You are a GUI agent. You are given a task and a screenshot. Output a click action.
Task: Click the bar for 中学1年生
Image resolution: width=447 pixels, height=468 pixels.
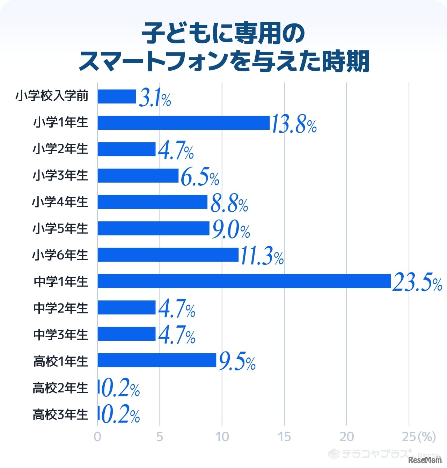[244, 281]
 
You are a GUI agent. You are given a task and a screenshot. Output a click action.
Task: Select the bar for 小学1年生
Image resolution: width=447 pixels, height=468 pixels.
[184, 123]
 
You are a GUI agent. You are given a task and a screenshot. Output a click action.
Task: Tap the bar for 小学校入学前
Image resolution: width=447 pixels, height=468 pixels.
[117, 96]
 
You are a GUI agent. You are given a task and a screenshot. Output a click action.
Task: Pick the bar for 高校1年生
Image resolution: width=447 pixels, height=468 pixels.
[157, 360]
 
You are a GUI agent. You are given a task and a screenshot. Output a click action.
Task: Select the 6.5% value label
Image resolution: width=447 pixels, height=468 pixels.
[200, 177]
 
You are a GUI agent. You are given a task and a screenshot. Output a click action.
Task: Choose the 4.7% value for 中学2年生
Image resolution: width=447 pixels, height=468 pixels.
[177, 309]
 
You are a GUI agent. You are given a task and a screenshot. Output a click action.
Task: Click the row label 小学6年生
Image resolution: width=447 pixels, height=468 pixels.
[60, 255]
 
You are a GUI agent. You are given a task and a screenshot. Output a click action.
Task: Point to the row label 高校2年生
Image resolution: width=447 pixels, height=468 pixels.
[60, 388]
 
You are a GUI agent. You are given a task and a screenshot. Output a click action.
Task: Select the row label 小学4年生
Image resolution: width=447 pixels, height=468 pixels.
[60, 202]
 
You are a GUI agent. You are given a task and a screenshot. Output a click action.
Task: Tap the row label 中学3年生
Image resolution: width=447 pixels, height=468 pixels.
[60, 335]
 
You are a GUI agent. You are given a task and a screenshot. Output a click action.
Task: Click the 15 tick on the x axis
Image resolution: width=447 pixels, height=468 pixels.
[284, 437]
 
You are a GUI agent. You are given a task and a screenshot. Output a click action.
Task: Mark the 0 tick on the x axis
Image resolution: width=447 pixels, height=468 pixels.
[97, 437]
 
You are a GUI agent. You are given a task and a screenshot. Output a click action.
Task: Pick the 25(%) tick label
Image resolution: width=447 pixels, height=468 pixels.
[419, 437]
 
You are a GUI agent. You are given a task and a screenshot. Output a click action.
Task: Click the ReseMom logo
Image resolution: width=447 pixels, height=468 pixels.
[425, 460]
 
